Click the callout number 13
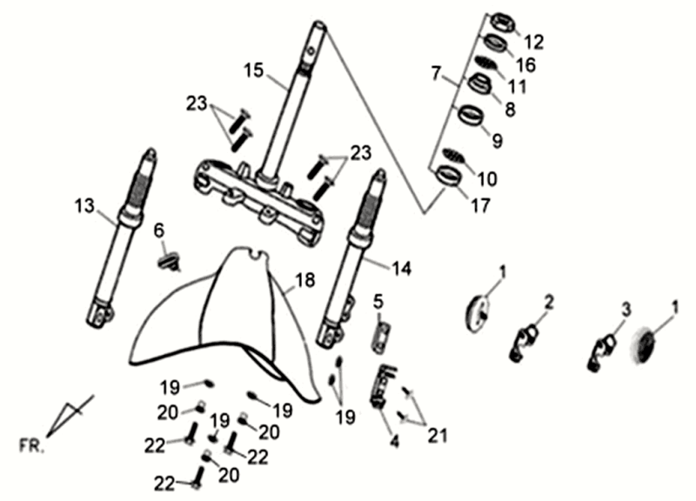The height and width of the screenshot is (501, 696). pyautogui.click(x=84, y=205)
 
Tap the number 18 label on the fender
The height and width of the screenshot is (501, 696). pyautogui.click(x=303, y=280)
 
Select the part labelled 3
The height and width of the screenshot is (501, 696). pyautogui.click(x=603, y=345)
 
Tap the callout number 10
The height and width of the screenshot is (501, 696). pyautogui.click(x=488, y=180)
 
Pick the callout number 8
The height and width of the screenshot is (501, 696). pyautogui.click(x=509, y=111)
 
